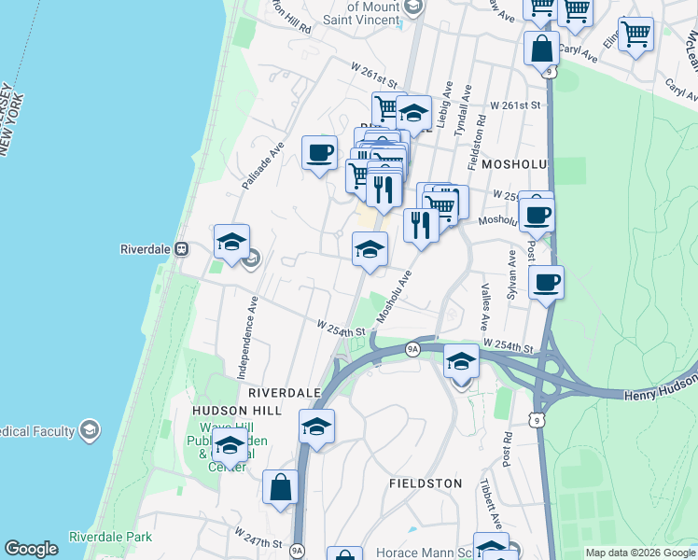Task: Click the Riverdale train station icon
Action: [x=182, y=249]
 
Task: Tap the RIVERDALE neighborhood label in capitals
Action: [x=285, y=393]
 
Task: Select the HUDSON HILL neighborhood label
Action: [x=230, y=411]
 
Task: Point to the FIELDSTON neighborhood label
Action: [x=425, y=483]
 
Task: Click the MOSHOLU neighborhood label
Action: [x=514, y=163]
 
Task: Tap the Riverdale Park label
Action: [x=110, y=537]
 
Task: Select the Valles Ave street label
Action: [x=484, y=308]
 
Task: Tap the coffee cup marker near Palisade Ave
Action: [x=319, y=153]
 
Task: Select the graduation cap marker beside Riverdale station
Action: [x=231, y=242]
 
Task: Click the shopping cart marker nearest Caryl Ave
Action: [x=635, y=35]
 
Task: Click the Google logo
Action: [x=31, y=549]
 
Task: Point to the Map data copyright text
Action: [x=638, y=553]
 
